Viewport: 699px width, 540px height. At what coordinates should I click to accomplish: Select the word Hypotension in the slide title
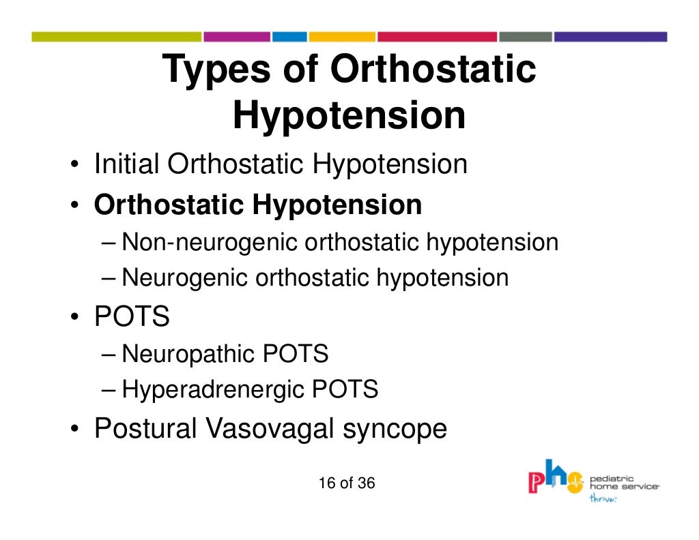click(x=349, y=116)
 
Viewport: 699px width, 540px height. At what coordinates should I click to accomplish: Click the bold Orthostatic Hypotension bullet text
click(x=258, y=205)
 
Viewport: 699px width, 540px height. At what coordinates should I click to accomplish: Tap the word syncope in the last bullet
click(x=399, y=430)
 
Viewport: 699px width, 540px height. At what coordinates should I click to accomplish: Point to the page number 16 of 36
click(x=347, y=483)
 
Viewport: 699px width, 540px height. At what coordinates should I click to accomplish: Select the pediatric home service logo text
click(x=624, y=483)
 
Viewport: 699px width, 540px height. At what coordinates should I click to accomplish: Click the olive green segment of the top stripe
click(x=116, y=37)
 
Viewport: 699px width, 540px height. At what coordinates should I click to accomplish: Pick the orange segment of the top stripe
click(x=342, y=37)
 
